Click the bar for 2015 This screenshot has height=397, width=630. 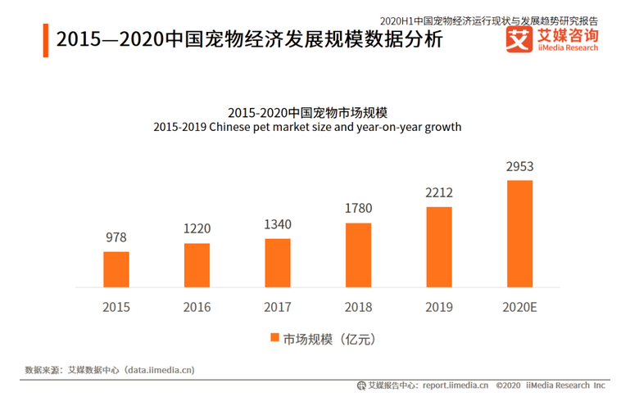116,269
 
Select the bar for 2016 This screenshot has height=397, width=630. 197,265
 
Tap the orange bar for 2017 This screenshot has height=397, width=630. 278,263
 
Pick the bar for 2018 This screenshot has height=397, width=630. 358,255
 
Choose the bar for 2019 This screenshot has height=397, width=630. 439,247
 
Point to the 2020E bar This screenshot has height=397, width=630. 519,234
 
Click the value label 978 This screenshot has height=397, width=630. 116,237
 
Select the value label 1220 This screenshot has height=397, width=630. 197,230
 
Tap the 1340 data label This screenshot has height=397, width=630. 278,224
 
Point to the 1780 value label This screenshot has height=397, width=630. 358,209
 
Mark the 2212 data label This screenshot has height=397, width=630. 439,193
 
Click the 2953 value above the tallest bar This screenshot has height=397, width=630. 519,167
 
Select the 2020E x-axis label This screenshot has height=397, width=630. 519,308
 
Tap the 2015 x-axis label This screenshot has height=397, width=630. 116,308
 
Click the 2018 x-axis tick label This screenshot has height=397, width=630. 358,308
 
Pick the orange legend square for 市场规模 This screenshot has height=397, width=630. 274,338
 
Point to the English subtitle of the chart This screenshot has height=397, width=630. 307,128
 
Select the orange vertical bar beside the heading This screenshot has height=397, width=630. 45,39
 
